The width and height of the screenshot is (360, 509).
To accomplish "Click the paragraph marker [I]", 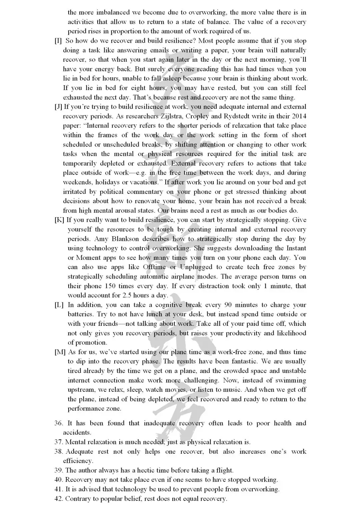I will (x=58, y=41).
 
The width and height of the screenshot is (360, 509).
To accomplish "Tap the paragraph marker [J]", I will (x=58, y=107).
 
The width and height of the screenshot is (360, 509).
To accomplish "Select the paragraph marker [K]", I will (x=59, y=220).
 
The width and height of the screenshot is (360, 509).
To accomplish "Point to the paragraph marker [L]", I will (x=59, y=305).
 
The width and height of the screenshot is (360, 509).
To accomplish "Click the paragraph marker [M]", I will (x=60, y=352).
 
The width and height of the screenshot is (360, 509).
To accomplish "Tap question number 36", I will (x=59, y=423).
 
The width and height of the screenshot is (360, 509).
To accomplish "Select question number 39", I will (x=59, y=470).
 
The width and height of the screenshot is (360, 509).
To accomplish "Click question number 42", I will (x=59, y=499).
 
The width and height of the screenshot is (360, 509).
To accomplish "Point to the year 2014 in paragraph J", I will (x=299, y=116).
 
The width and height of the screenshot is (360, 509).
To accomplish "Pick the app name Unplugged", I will (x=196, y=267).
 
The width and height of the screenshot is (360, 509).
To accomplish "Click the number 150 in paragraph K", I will (x=110, y=286).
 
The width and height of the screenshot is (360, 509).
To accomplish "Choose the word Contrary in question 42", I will (x=77, y=499).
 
